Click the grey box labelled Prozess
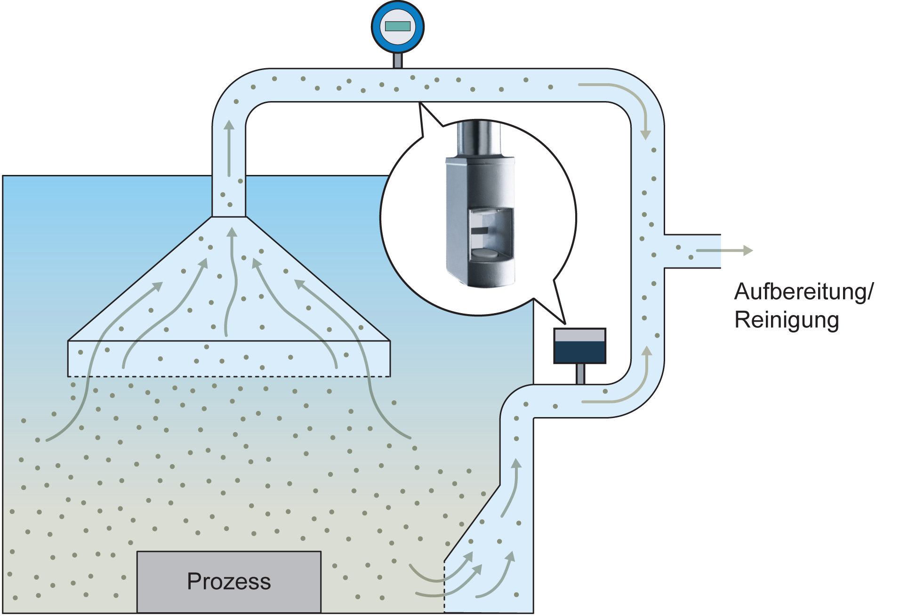(229, 582)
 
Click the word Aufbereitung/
(803, 292)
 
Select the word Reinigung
(787, 320)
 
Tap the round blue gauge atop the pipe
(398, 27)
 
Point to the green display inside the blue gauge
(398, 26)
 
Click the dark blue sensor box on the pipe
(580, 346)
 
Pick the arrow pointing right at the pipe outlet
(724, 251)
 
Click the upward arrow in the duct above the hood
(229, 148)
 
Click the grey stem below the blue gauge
(398, 61)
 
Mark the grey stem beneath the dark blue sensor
(580, 374)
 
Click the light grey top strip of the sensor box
(580, 335)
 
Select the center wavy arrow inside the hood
(232, 282)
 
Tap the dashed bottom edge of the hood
(229, 377)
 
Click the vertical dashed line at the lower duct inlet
(444, 586)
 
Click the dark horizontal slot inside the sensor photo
(480, 231)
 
